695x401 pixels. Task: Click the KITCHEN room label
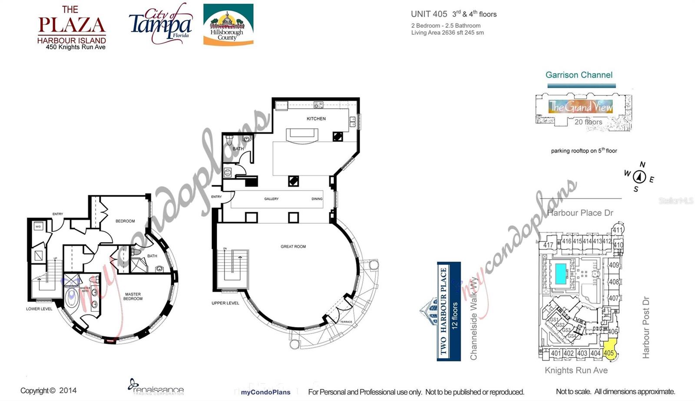pos(316,119)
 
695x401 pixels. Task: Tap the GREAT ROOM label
pos(293,247)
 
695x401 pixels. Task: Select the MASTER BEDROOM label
pos(133,296)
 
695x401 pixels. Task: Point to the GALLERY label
pos(271,199)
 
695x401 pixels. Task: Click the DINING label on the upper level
pos(317,199)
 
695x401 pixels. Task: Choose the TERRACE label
pos(346,322)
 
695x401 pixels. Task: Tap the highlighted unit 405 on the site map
pos(609,353)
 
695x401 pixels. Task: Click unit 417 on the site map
pos(548,245)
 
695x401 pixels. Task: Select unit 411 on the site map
pos(618,230)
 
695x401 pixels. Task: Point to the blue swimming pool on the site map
pos(560,274)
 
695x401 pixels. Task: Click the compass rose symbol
pos(639,177)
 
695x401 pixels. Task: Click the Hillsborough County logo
pos(228,25)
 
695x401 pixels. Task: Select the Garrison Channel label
pos(579,75)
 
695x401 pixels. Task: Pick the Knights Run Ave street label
pos(576,370)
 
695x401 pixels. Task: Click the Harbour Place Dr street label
pos(580,213)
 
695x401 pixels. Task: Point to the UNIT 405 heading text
pos(429,14)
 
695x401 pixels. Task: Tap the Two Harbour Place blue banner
pos(449,311)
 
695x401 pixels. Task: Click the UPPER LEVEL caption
pos(225,303)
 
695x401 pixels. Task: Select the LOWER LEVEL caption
pos(39,309)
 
